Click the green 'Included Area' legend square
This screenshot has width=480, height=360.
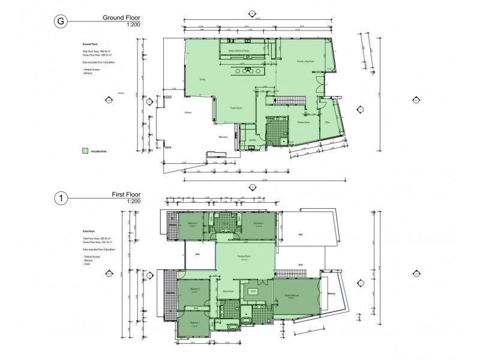coord(85,152)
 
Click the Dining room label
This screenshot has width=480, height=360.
coord(202,79)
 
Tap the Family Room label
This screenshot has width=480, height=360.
coord(236,107)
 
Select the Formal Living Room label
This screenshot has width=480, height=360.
coord(307,61)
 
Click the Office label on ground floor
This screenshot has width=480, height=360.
coord(328,122)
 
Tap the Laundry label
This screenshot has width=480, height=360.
coord(252,140)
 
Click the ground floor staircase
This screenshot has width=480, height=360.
coord(290,100)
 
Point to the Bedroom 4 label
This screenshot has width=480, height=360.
coord(259,223)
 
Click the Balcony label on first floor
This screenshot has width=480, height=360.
coord(331,294)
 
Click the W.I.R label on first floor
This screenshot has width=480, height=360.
coord(252,292)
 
